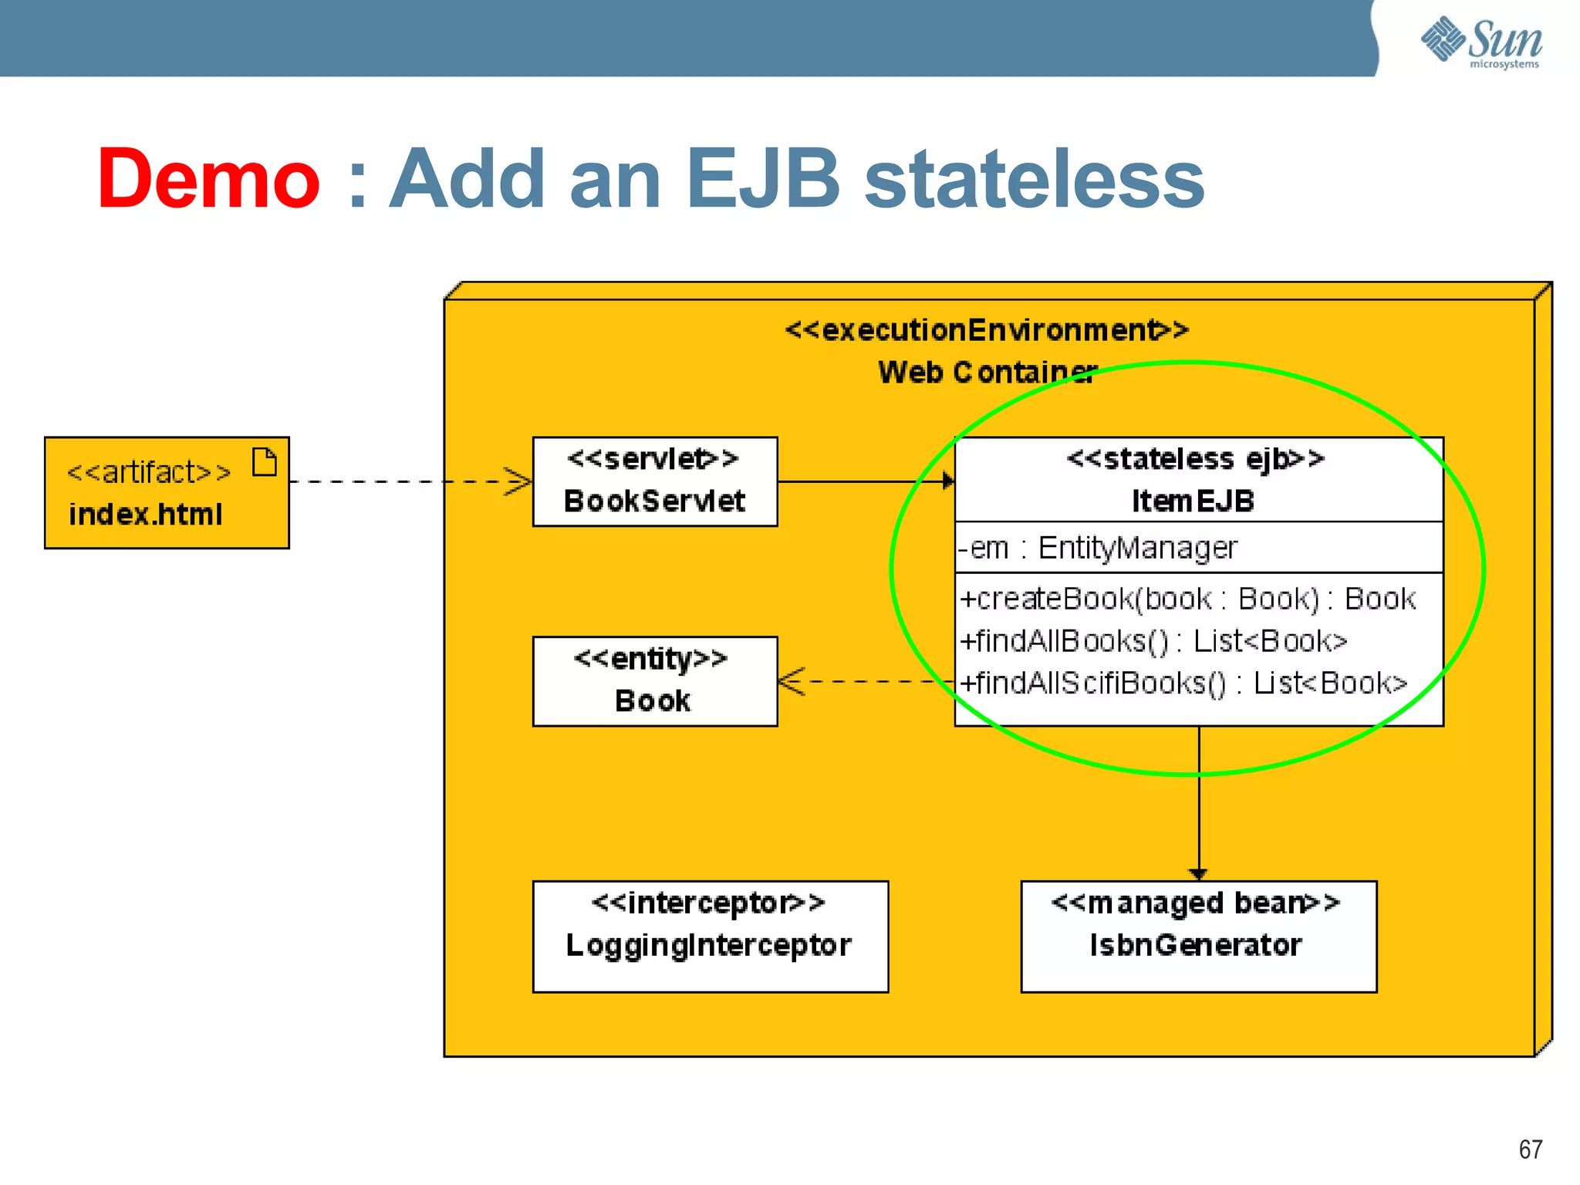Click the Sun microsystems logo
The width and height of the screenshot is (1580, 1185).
point(1481,42)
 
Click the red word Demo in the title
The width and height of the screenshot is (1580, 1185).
point(208,179)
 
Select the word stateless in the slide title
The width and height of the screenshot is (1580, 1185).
point(1034,179)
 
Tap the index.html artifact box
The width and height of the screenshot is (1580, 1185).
point(167,494)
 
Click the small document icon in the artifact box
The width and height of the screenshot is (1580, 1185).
point(265,462)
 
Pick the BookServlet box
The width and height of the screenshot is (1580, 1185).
point(655,481)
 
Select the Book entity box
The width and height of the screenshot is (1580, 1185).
point(655,681)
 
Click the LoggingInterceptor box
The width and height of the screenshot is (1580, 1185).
point(710,936)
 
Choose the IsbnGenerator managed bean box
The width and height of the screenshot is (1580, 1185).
point(1198,936)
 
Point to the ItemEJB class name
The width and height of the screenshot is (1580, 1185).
point(1193,501)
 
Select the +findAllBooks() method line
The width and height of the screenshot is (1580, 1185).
point(1153,641)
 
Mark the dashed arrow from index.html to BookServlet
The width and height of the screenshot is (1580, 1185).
point(409,481)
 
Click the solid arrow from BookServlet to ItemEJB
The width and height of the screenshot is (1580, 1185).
point(864,481)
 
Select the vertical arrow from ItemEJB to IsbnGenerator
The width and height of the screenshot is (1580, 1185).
point(1198,810)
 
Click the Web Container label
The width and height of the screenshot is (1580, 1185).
point(987,373)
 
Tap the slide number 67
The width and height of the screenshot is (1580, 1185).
point(1530,1150)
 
